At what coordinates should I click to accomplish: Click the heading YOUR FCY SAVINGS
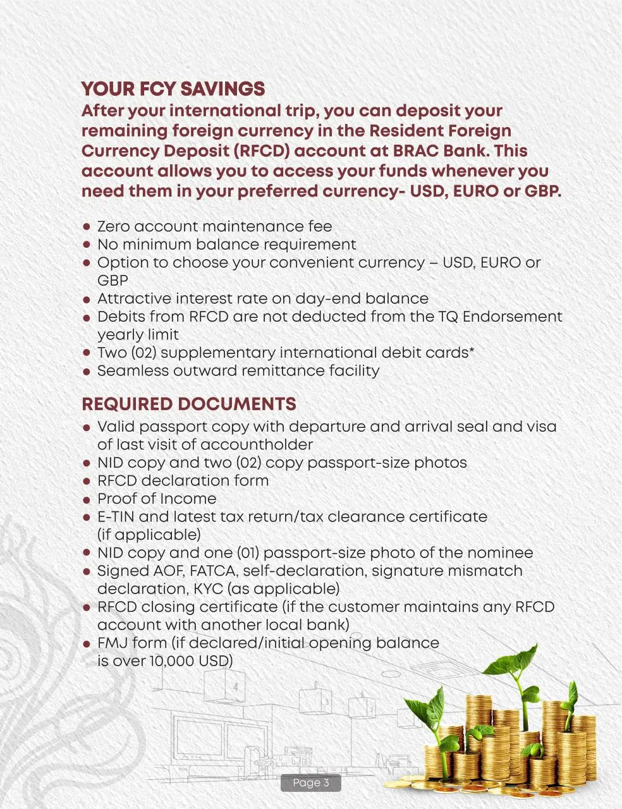point(173,88)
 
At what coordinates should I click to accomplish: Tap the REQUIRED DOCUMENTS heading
point(189,404)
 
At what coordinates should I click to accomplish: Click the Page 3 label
point(310,783)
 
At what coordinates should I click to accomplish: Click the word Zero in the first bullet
point(114,226)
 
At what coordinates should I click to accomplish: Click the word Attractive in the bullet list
point(134,298)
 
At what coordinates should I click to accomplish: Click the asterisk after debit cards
point(472,350)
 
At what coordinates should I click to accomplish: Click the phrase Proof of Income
point(157,499)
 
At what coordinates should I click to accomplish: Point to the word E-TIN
point(115,516)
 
